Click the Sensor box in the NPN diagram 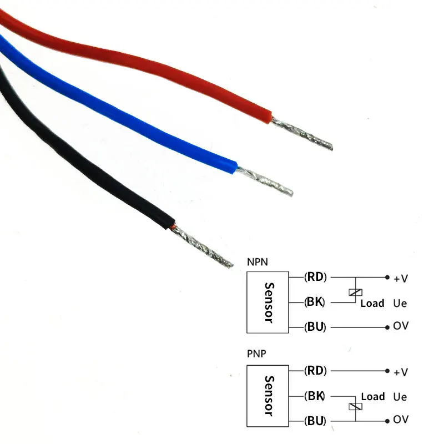point(268,302)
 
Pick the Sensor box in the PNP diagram point(268,395)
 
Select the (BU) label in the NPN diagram point(315,326)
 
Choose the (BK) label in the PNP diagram point(315,396)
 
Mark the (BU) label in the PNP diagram point(315,420)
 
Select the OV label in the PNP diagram point(400,420)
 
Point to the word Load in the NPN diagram point(372,303)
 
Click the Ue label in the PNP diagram point(400,397)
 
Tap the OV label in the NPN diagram point(400,326)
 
